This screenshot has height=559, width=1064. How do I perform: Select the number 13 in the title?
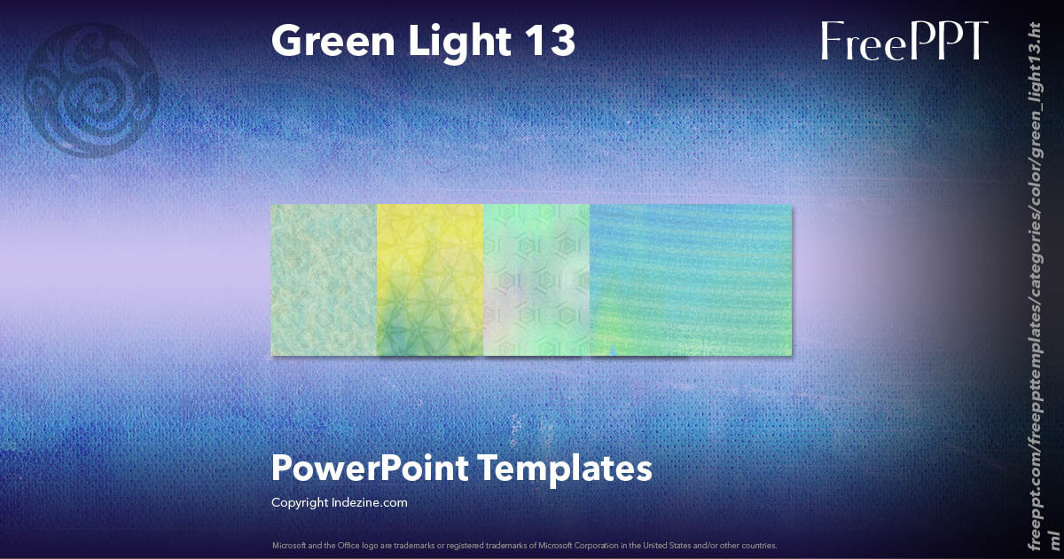(x=548, y=41)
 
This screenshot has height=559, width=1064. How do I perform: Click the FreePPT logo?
(x=904, y=42)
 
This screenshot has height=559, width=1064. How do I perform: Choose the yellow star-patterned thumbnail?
(x=430, y=279)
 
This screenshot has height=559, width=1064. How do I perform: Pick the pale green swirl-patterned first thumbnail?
(x=324, y=279)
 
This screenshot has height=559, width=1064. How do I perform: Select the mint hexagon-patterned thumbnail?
(x=536, y=279)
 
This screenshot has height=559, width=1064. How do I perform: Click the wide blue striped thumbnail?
(x=691, y=279)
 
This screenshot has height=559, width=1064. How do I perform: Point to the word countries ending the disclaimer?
(x=762, y=545)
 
